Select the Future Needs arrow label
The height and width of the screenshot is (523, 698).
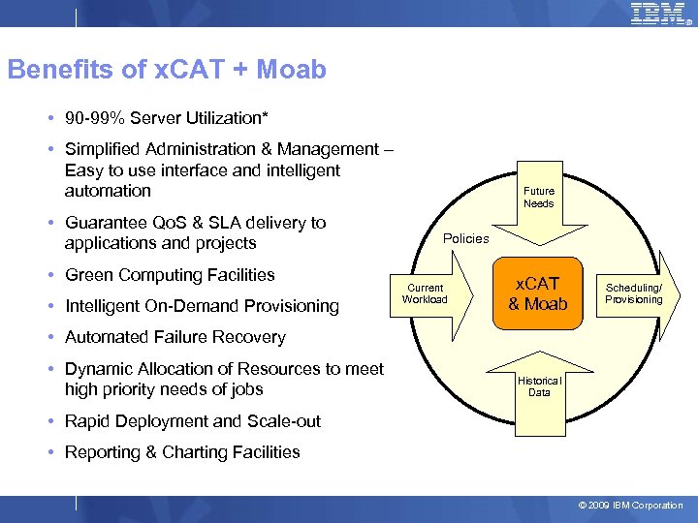538,198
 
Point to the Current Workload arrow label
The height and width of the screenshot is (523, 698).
425,293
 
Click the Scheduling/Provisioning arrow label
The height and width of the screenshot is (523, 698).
633,293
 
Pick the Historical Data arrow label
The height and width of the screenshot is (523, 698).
539,386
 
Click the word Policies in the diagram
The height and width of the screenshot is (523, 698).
465,238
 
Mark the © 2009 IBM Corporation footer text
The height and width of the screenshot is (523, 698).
630,506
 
